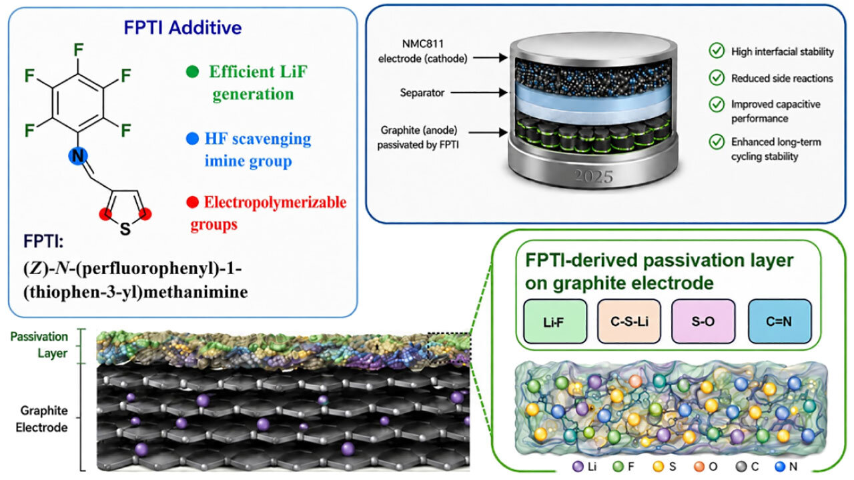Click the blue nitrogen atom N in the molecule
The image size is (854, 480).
click(78, 156)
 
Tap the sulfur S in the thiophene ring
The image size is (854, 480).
click(125, 229)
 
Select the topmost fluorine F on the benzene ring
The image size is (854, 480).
click(79, 50)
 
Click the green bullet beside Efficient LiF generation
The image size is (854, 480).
click(193, 71)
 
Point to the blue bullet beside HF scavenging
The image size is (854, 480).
click(192, 138)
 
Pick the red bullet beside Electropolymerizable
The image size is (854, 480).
click(193, 202)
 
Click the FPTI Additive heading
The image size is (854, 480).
click(183, 28)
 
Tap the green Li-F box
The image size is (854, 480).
click(554, 321)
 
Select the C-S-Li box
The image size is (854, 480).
click(629, 321)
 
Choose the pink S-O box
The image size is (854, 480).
click(703, 321)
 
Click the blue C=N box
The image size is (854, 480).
click(779, 321)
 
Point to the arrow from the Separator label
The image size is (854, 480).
click(479, 92)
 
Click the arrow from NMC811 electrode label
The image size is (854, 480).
click(490, 58)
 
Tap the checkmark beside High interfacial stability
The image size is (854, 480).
click(717, 50)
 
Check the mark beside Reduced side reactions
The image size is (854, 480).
click(717, 77)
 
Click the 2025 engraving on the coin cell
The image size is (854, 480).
click(594, 177)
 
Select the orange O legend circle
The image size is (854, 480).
click(699, 467)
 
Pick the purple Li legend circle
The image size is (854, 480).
click(578, 467)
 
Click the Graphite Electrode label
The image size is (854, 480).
click(42, 419)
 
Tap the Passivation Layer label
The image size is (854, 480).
click(39, 345)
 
